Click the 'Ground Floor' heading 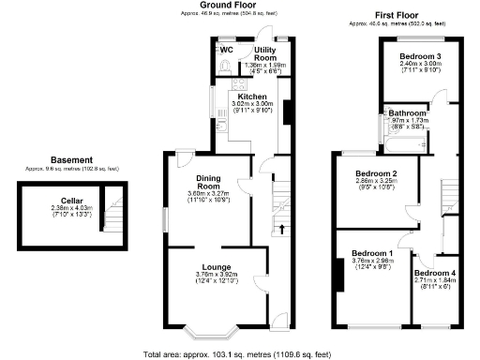[x=230, y=6]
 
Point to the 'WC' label [x=226, y=49]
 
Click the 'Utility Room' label [x=265, y=52]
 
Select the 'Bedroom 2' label [x=375, y=173]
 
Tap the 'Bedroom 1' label [x=372, y=253]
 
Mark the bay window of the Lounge [x=208, y=330]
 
